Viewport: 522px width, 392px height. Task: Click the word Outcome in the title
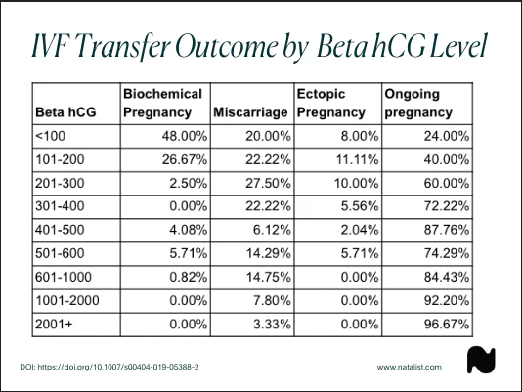[x=228, y=46]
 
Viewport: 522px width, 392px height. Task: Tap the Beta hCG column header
[x=65, y=112]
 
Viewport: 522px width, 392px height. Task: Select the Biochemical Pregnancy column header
[x=162, y=104]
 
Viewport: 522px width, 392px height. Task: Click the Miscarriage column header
[x=250, y=112]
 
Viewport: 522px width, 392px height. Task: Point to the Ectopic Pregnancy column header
[x=331, y=104]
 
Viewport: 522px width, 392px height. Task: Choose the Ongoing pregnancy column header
[x=418, y=104]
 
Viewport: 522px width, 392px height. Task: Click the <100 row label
[x=50, y=136]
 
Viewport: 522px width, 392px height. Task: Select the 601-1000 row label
[x=64, y=277]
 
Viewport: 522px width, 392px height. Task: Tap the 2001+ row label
[x=54, y=324]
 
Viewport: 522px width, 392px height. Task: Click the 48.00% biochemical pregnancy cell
[x=185, y=136]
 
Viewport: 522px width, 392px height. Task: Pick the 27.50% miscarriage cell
[x=268, y=183]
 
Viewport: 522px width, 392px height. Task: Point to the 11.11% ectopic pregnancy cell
[x=357, y=159]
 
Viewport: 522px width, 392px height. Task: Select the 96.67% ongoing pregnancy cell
[x=447, y=324]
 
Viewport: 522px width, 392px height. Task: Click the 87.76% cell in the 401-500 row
[x=447, y=230]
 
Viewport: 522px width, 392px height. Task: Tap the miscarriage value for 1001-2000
[x=272, y=300]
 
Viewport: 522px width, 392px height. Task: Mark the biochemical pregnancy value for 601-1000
[x=189, y=277]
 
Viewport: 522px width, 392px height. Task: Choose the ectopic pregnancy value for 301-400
[x=360, y=206]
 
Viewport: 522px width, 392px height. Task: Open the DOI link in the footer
[x=109, y=367]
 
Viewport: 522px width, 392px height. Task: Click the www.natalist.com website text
[x=410, y=367]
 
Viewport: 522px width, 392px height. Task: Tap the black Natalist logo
[x=481, y=360]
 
